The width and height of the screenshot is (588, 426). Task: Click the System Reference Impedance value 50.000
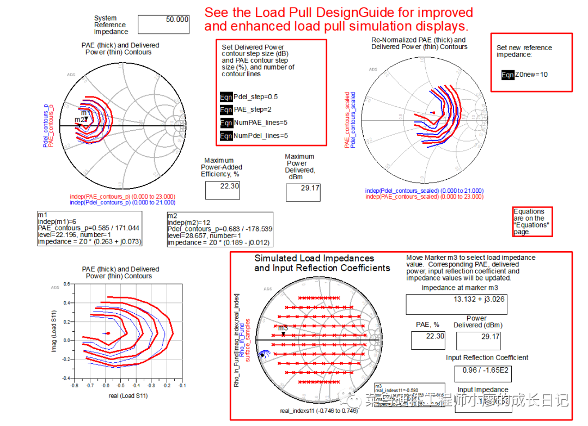click(177, 20)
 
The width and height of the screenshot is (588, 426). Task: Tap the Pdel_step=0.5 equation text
click(255, 96)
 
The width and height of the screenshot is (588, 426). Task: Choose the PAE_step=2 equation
click(253, 109)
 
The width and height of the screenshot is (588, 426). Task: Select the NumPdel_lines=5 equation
click(260, 136)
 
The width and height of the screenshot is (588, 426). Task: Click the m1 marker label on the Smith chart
click(84, 113)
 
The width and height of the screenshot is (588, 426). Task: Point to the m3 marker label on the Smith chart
click(283, 328)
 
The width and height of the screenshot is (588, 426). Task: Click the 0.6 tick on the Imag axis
click(66, 284)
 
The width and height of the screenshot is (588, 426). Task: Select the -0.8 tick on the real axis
click(74, 385)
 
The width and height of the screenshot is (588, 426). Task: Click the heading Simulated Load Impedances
click(314, 258)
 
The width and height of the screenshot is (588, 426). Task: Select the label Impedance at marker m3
click(459, 288)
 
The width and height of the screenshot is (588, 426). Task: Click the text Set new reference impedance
click(524, 51)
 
